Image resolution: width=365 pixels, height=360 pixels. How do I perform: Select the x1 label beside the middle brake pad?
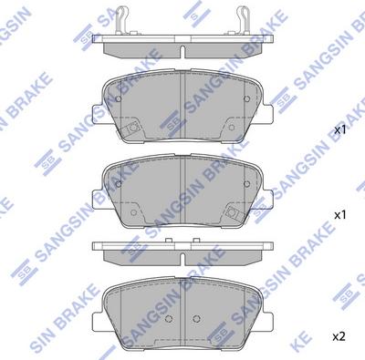[x=341, y=216]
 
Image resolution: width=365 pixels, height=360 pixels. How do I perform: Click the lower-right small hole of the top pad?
[x=234, y=130]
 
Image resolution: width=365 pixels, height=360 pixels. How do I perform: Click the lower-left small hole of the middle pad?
[x=134, y=214]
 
